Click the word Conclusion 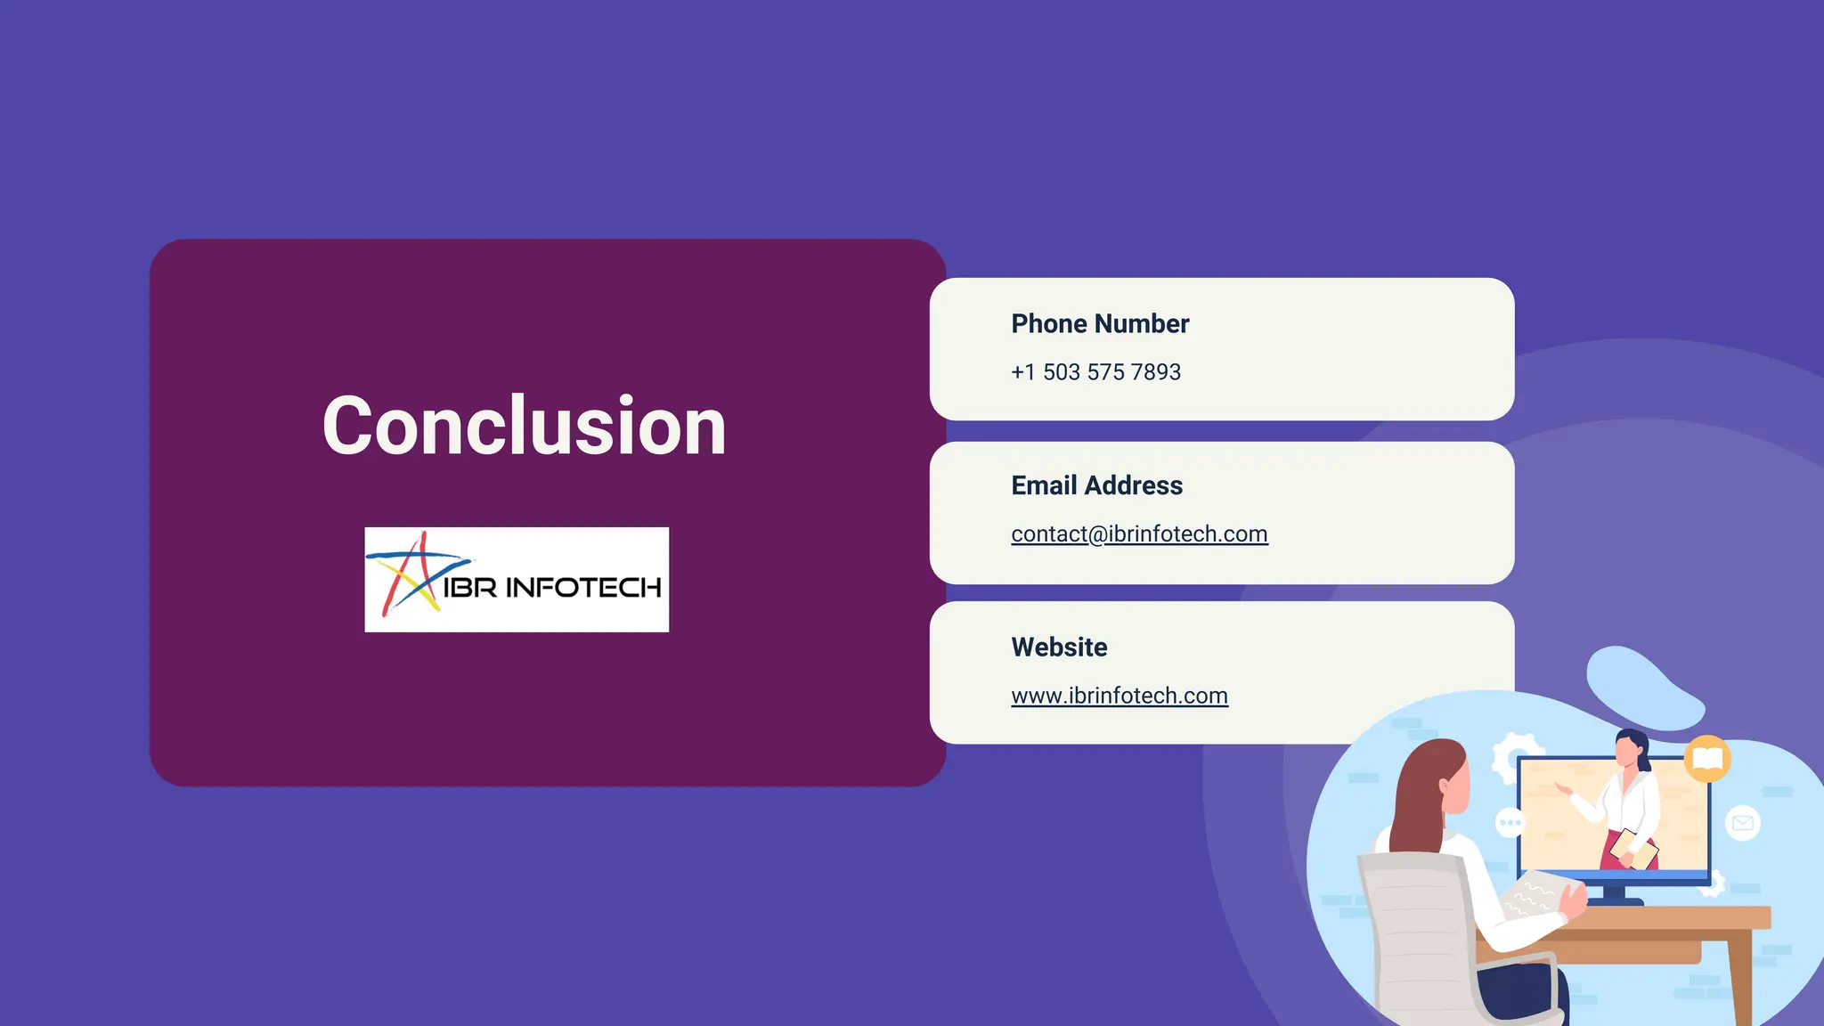coord(524,427)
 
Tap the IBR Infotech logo coord(517,580)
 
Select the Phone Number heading coord(1100,323)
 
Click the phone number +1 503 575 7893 coord(1095,372)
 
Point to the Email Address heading coord(1096,485)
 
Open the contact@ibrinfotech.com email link coord(1139,533)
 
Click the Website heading coord(1059,647)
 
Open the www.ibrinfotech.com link coord(1120,696)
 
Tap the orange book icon coord(1706,759)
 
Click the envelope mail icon coord(1742,823)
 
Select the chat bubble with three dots coord(1510,822)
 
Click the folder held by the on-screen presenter coord(1634,848)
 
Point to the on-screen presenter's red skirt coord(1614,851)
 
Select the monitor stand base coord(1615,899)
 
